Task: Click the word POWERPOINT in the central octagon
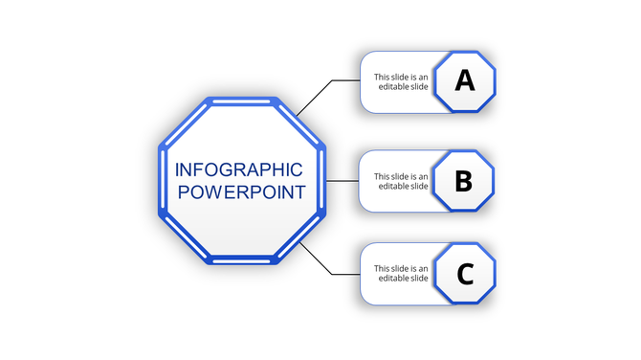[x=242, y=191]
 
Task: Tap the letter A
[x=464, y=80]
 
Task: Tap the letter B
[x=463, y=180]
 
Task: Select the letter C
[x=464, y=275]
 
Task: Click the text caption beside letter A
[x=401, y=82]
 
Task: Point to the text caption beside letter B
[x=401, y=181]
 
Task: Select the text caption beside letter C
[x=401, y=274]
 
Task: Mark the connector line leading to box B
[x=343, y=180]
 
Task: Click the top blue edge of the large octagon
[x=242, y=101]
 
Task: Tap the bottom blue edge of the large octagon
[x=242, y=259]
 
